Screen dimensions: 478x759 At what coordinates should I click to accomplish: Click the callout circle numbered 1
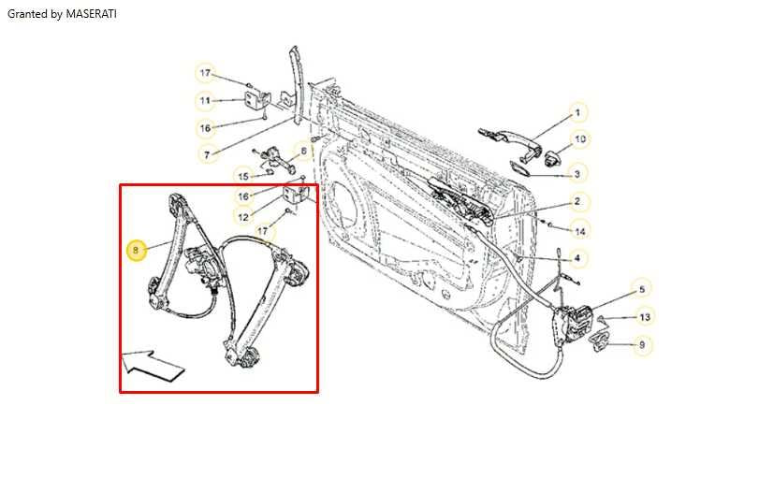(577, 113)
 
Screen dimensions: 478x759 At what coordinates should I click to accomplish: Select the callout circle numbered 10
(579, 139)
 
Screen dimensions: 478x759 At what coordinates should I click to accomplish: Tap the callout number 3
(577, 173)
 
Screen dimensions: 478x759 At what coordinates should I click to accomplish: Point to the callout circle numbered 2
(577, 201)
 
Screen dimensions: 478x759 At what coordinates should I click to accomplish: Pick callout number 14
(580, 230)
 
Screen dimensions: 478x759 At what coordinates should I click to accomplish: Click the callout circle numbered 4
(577, 258)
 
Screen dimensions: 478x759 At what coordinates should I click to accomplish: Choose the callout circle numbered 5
(641, 288)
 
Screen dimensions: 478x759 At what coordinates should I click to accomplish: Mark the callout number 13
(644, 317)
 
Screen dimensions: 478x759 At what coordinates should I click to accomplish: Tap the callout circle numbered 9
(641, 345)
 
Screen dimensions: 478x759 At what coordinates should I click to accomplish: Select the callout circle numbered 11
(205, 100)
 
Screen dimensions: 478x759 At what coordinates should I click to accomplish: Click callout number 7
(205, 153)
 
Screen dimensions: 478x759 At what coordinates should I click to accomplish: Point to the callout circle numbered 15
(242, 176)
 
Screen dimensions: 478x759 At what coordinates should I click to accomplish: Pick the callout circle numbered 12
(242, 218)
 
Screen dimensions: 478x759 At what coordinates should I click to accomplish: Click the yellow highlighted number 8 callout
(136, 250)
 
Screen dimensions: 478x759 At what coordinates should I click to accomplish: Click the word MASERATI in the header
(92, 15)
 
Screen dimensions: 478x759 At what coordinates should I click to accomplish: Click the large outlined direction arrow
(153, 363)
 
